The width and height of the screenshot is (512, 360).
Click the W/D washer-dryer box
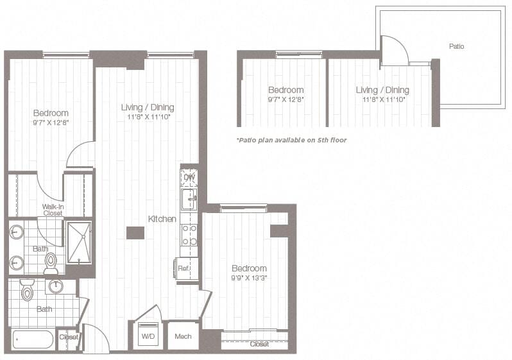coord(148,336)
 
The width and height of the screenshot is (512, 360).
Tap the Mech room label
coord(183,336)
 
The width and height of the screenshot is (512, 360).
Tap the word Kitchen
coord(162,219)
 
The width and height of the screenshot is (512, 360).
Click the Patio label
coord(456,46)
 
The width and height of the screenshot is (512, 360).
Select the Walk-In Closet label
coord(53,210)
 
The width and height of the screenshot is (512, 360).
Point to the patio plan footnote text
coord(291,139)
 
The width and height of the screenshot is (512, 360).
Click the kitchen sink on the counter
coord(189,199)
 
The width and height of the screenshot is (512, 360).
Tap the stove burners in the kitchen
coord(189,234)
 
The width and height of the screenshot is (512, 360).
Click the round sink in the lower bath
coord(56,286)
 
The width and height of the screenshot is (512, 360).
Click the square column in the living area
coord(135,232)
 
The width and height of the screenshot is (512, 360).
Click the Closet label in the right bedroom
coord(259,344)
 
